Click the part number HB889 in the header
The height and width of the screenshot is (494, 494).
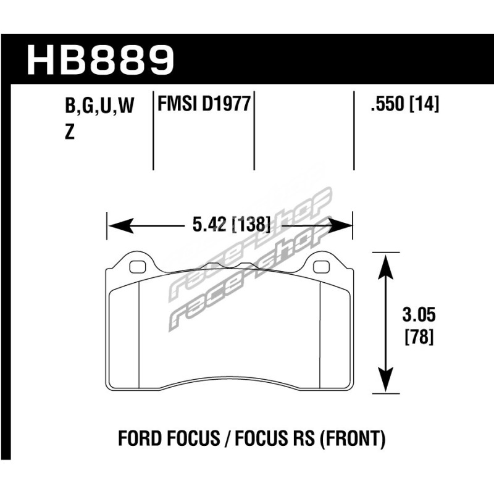pyautogui.click(x=100, y=60)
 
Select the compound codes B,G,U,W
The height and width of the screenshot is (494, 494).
pyautogui.click(x=99, y=106)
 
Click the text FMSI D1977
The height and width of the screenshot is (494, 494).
pyautogui.click(x=204, y=104)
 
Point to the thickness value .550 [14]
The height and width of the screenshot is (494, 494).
pyautogui.click(x=405, y=104)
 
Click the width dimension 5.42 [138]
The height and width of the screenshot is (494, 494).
pyautogui.click(x=231, y=225)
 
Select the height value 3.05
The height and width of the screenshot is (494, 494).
pyautogui.click(x=419, y=315)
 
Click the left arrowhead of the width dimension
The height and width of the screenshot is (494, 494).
pyautogui.click(x=120, y=225)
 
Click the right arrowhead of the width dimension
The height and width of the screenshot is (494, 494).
pyautogui.click(x=339, y=225)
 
